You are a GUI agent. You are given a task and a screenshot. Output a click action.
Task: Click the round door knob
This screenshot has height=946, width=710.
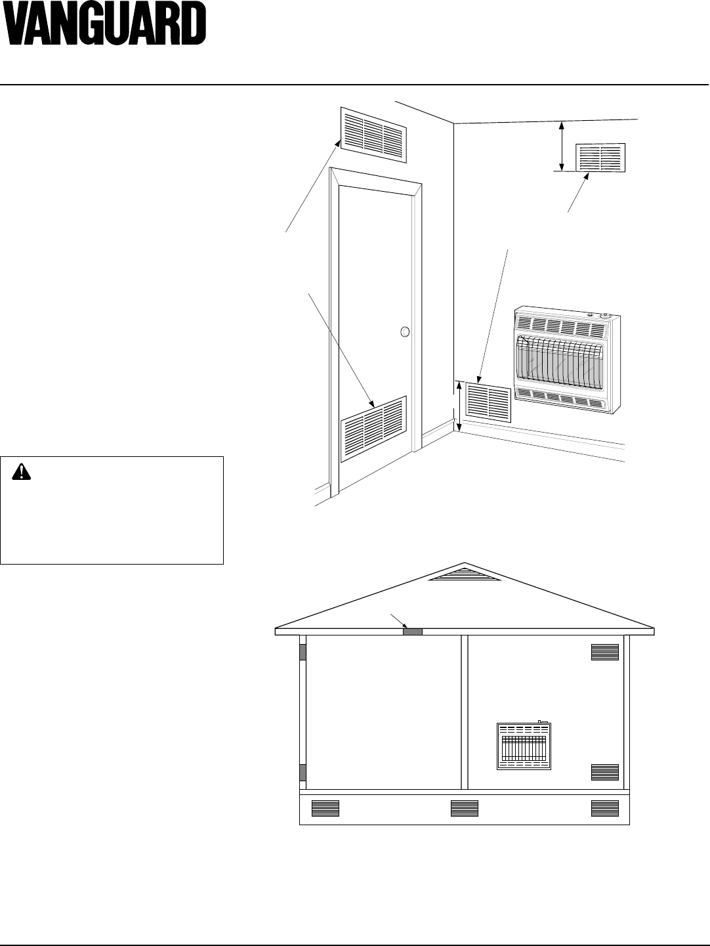coord(405,332)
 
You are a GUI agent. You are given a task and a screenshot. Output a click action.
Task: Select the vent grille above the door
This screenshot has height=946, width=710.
coord(373,134)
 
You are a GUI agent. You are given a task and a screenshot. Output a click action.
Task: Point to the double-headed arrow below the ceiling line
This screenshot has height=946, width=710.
coord(561,145)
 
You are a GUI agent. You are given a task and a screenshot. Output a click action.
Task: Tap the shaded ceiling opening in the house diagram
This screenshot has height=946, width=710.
coord(412,632)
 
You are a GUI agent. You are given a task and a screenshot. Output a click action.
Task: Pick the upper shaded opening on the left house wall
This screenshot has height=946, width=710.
coord(303,652)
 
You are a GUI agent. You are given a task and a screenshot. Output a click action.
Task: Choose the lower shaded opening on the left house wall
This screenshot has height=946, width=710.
coord(303,772)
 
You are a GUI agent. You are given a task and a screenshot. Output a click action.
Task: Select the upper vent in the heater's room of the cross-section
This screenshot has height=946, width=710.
coord(604,652)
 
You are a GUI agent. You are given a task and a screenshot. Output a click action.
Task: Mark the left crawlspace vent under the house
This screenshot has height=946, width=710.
coord(325,808)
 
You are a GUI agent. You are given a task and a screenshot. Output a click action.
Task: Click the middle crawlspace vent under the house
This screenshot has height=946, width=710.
coord(465,808)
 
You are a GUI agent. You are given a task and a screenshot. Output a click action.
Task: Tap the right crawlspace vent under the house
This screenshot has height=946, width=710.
coord(604,808)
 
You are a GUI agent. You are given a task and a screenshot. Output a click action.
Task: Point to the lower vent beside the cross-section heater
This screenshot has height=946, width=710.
coord(604,772)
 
